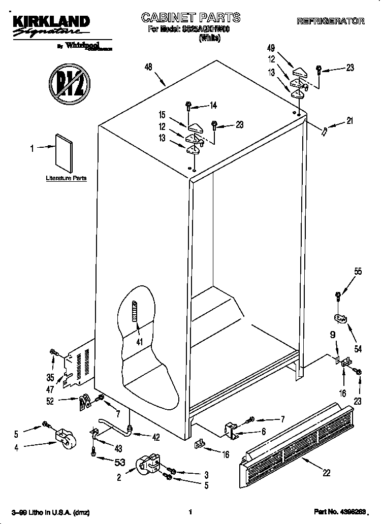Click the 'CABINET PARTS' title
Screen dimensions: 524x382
[190, 18]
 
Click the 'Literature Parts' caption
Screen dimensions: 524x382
[66, 178]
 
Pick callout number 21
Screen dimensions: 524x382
[349, 121]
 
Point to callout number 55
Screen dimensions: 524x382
[358, 272]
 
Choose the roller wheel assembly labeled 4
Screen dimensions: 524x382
[63, 437]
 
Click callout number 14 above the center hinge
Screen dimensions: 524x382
[213, 106]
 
